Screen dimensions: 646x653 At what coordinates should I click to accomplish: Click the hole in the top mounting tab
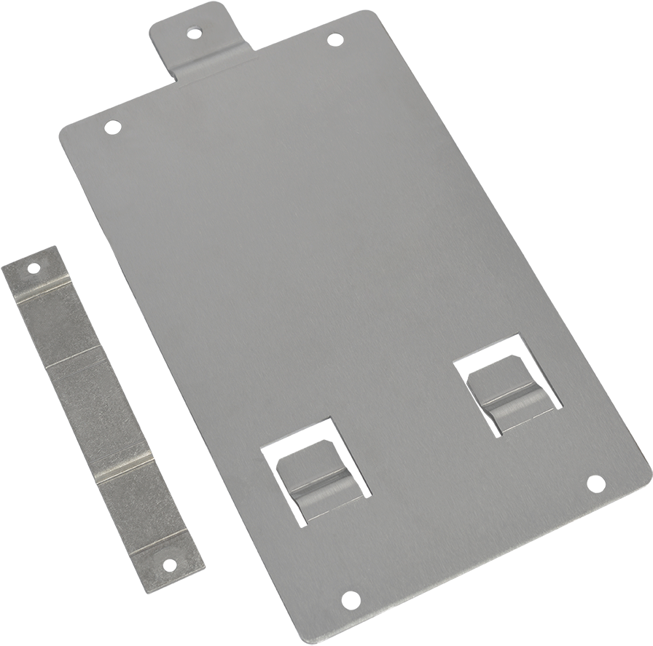pyautogui.click(x=194, y=33)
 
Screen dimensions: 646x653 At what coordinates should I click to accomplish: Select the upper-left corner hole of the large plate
pyautogui.click(x=112, y=127)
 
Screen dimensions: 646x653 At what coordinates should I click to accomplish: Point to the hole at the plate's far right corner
pyautogui.click(x=595, y=483)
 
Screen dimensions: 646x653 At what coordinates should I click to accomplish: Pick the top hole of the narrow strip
pyautogui.click(x=33, y=268)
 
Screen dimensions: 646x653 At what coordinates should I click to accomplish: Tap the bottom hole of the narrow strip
pyautogui.click(x=169, y=564)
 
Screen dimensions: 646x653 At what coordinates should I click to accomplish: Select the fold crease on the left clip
pyautogui.click(x=321, y=484)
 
